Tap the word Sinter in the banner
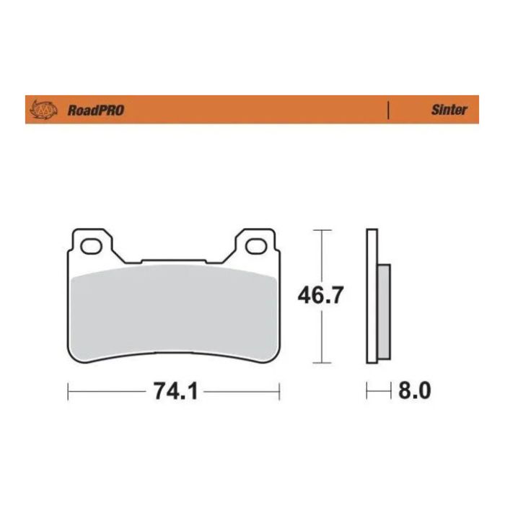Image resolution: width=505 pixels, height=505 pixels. click(449, 110)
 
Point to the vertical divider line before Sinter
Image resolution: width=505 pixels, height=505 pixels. click(389, 110)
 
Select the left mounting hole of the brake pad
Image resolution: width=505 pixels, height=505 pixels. click(92, 247)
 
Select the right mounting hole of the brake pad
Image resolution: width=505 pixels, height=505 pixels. click(255, 247)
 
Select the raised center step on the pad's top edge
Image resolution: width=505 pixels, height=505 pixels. click(173, 261)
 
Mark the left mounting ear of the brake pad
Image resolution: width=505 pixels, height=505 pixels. click(92, 242)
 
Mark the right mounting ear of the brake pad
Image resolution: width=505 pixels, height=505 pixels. click(255, 242)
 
